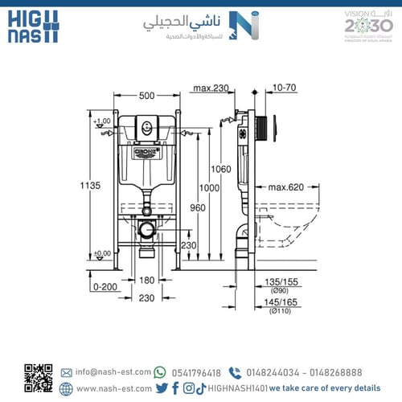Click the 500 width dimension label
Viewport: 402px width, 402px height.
(146, 96)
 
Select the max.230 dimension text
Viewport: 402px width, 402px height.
(211, 88)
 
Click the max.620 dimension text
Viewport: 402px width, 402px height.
(285, 188)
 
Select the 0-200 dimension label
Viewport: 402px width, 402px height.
(104, 286)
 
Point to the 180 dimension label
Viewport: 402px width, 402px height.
(146, 281)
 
